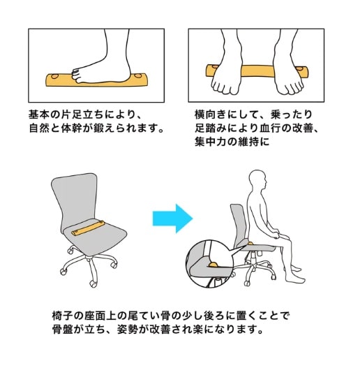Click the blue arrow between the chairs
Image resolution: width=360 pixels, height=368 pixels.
[x=173, y=219]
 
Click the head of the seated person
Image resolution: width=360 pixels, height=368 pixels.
[x=258, y=179]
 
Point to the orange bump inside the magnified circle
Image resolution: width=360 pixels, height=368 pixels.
[x=213, y=265]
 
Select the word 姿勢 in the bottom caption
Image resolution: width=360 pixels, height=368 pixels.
[x=128, y=330]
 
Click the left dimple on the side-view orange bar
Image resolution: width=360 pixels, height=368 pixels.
[x=55, y=77]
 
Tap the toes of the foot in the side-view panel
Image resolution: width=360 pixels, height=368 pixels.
[x=76, y=75]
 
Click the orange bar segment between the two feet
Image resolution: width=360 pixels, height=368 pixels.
[x=257, y=71]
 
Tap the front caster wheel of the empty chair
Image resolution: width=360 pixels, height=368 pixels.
[x=93, y=284]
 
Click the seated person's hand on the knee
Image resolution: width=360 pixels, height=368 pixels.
[x=276, y=234]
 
